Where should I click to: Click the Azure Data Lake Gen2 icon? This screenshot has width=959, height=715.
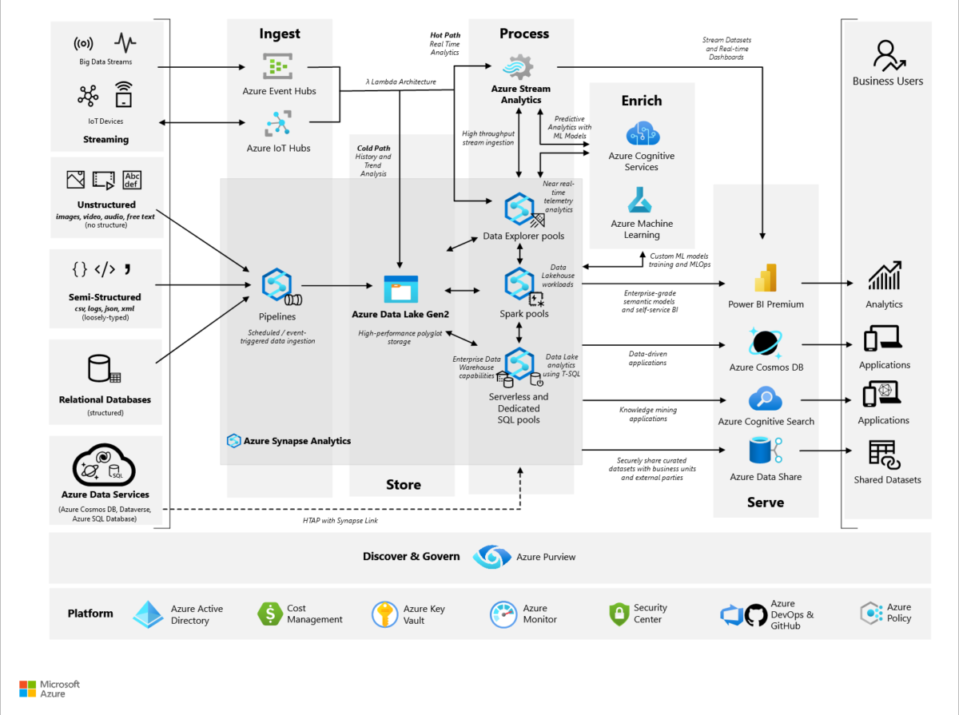(401, 289)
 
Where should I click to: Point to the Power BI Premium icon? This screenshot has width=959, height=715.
(766, 279)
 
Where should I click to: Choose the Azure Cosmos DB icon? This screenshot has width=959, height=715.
(766, 342)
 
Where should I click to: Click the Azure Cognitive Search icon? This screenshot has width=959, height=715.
(765, 399)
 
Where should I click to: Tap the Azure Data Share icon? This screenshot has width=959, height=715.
(765, 453)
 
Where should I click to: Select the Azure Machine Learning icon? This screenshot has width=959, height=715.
(641, 200)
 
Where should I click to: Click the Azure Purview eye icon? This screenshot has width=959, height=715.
(491, 557)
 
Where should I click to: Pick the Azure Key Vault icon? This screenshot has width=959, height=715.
(385, 614)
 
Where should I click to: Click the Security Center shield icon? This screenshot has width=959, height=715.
(619, 614)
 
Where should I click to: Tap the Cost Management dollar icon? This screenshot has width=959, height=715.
(271, 614)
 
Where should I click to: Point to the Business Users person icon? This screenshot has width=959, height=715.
(887, 56)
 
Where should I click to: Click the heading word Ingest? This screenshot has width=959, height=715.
(280, 34)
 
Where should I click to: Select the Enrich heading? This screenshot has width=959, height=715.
(641, 101)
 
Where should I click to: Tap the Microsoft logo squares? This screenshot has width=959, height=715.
(28, 689)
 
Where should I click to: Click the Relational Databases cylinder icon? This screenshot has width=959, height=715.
(101, 369)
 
